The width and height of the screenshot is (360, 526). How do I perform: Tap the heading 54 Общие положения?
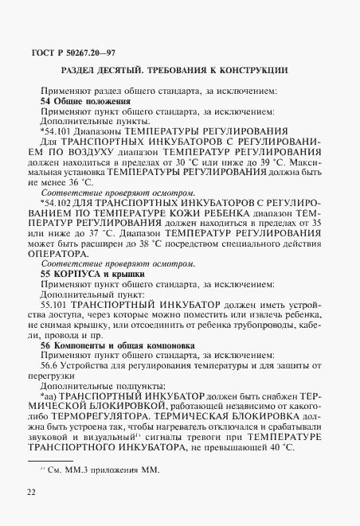click(85, 102)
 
